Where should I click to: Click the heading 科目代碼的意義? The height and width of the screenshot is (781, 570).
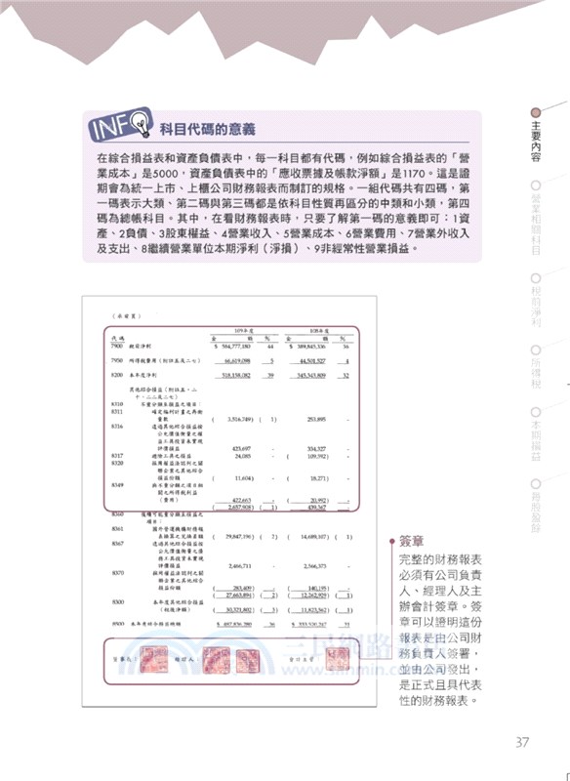point(207,128)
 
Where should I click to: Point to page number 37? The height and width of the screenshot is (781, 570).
point(522,742)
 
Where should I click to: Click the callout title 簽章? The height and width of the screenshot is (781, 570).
point(414,540)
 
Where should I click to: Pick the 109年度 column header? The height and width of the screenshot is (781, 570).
point(234,329)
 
